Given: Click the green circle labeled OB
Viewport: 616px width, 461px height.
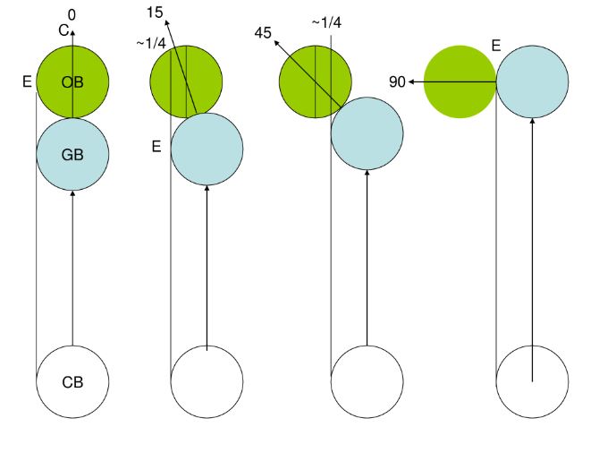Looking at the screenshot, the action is (72, 81).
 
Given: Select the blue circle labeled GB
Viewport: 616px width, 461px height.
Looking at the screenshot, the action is (72, 154).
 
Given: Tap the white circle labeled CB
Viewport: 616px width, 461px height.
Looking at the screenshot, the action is (72, 381).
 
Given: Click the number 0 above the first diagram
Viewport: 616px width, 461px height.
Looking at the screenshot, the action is (72, 15).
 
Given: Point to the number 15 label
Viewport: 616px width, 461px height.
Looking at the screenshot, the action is (155, 13).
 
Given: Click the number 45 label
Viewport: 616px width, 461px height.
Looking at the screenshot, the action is (263, 32).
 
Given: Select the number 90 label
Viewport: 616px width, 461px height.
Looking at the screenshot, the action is (397, 81).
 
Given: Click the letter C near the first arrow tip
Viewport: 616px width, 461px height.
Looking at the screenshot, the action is (63, 30).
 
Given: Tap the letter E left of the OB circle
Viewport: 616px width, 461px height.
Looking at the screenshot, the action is (27, 81).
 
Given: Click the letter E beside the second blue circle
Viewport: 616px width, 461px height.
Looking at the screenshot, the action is (156, 147).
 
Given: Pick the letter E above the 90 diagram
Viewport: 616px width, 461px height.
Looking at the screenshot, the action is (496, 46).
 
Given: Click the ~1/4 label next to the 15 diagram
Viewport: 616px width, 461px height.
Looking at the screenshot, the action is (151, 43).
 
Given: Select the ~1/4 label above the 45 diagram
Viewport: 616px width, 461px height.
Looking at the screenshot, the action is (326, 22).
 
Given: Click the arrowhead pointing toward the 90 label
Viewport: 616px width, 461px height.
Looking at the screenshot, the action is (412, 81).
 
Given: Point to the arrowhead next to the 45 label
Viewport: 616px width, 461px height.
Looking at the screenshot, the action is (276, 43).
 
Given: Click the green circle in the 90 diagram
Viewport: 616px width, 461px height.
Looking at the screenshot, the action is (460, 81).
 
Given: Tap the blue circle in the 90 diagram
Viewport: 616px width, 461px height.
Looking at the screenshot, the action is (532, 81).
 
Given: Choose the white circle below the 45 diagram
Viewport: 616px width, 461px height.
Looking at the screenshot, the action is (367, 381).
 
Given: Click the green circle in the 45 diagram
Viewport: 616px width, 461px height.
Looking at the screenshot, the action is (316, 81).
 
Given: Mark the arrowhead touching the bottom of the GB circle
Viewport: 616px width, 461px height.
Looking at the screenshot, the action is (72, 194).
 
